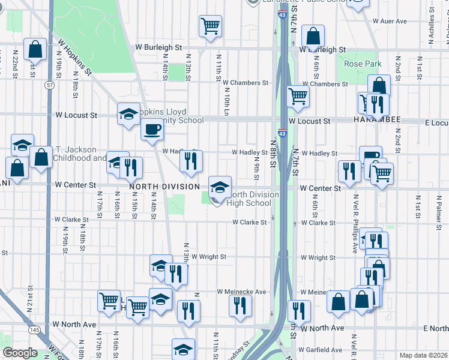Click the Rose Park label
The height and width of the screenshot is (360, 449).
tap(363, 64)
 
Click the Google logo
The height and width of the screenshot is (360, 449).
tap(20, 353)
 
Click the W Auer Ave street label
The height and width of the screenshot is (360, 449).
tap(389, 21)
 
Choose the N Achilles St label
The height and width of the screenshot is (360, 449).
tap(431, 24)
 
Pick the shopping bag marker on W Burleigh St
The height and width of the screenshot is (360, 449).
tap(313, 36)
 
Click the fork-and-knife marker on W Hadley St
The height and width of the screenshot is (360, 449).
tap(191, 161)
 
